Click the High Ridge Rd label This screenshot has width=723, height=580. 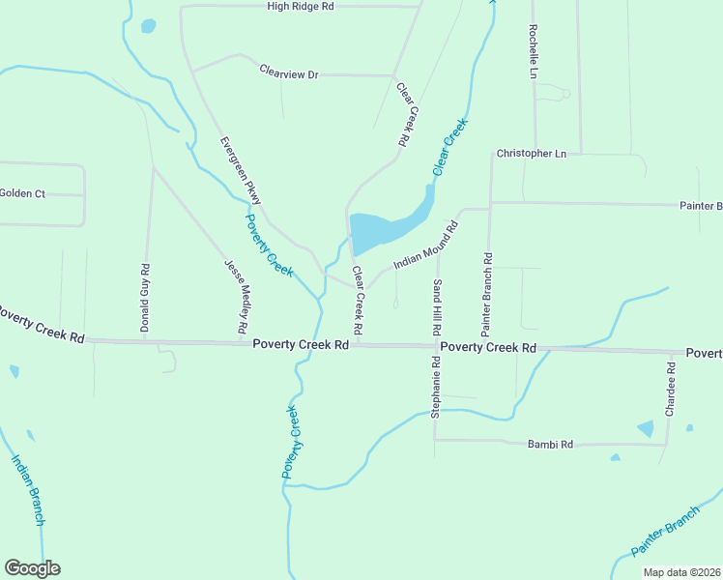[x=300, y=6]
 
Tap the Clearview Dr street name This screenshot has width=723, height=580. [x=288, y=72]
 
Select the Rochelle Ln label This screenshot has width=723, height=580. [x=534, y=51]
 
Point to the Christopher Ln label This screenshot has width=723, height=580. [x=531, y=153]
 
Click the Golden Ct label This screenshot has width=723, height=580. [x=22, y=193]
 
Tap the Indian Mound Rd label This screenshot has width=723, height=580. [x=425, y=246]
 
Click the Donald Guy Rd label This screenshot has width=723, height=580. [x=145, y=299]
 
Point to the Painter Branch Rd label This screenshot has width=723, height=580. [x=487, y=287]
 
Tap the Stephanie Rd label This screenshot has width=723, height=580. [x=436, y=387]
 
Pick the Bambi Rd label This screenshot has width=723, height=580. [x=551, y=445]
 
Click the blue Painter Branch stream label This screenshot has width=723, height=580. [x=664, y=532]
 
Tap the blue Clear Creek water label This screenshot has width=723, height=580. [x=449, y=146]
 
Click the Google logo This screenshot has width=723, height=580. [x=32, y=568]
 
